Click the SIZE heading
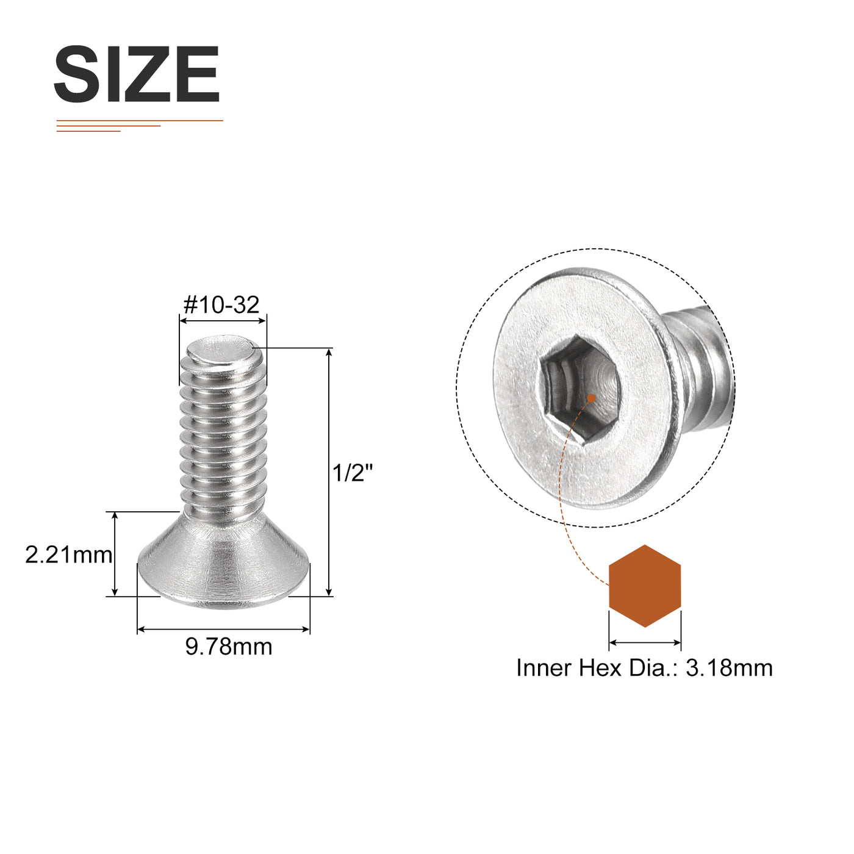[x=137, y=74]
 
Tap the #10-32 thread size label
[x=221, y=305]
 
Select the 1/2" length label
[x=353, y=473]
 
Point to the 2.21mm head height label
[x=69, y=555]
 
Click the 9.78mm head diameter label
[x=229, y=646]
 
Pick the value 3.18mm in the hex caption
[x=729, y=680]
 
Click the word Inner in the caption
[x=544, y=680]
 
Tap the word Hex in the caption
[x=600, y=680]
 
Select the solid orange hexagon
[x=645, y=586]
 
